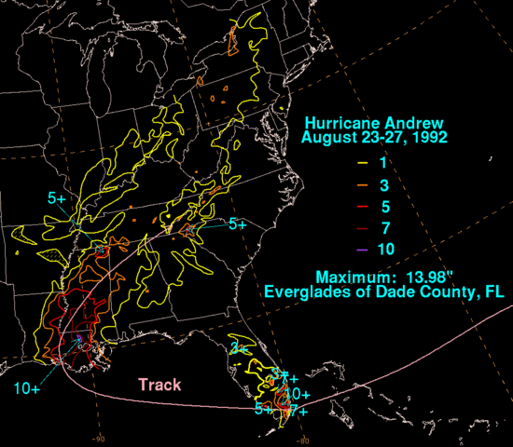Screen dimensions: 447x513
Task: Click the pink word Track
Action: pyautogui.click(x=159, y=384)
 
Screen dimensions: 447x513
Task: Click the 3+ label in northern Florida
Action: pyautogui.click(x=237, y=348)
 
